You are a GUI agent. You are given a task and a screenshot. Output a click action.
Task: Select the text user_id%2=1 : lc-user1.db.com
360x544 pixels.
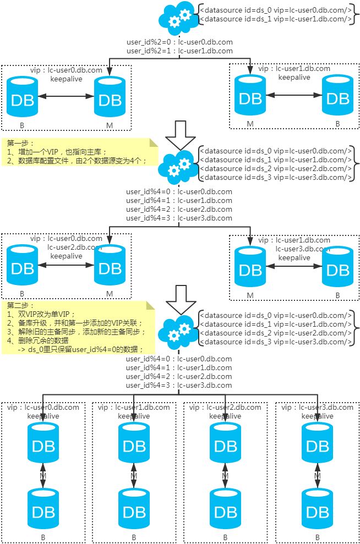pos(179,51)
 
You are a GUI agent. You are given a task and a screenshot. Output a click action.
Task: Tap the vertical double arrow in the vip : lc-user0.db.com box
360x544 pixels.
pos(42,476)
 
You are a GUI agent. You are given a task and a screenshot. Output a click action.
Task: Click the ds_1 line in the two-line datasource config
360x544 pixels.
pos(275,19)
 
